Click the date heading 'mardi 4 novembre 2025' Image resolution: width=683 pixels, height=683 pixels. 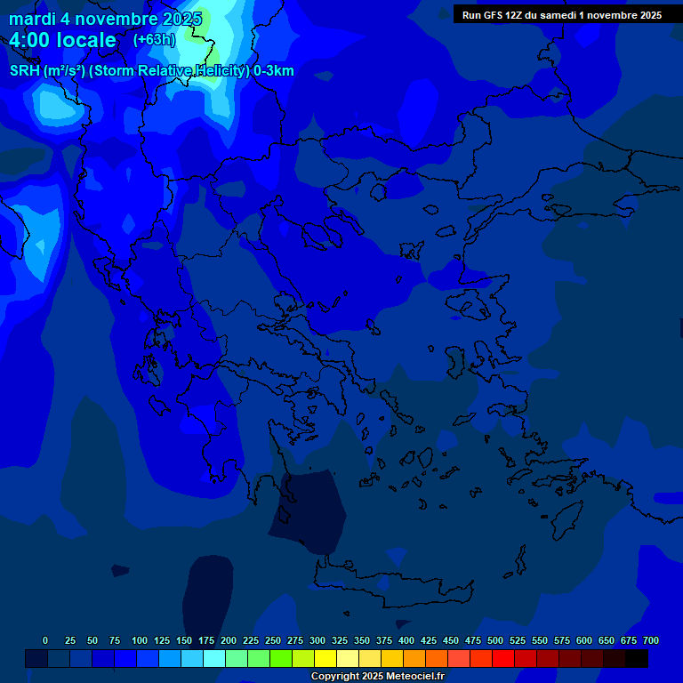click(x=105, y=19)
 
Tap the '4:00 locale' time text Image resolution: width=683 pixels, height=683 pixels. click(x=62, y=40)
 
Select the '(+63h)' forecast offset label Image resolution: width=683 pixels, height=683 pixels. click(x=154, y=39)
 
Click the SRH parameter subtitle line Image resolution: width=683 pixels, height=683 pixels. click(x=152, y=71)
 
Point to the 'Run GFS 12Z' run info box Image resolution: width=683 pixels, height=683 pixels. click(x=561, y=15)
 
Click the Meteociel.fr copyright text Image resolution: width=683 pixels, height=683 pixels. click(x=377, y=676)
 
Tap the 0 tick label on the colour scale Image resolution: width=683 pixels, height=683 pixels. click(x=45, y=640)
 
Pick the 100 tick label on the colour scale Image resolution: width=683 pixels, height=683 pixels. click(x=140, y=640)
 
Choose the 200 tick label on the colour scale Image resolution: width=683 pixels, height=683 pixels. click(x=229, y=640)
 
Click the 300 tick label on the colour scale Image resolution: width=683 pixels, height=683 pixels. click(x=317, y=640)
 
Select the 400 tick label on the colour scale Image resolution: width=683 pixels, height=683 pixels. click(x=406, y=640)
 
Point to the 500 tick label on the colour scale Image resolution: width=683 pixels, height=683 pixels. click(x=495, y=640)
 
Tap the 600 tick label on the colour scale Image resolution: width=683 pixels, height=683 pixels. click(x=584, y=640)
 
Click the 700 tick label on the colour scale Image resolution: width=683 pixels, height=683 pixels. click(x=651, y=640)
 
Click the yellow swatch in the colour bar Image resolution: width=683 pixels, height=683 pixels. click(x=325, y=659)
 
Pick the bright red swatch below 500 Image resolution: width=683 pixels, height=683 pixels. click(x=503, y=659)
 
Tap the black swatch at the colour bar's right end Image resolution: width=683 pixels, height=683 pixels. click(x=637, y=659)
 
